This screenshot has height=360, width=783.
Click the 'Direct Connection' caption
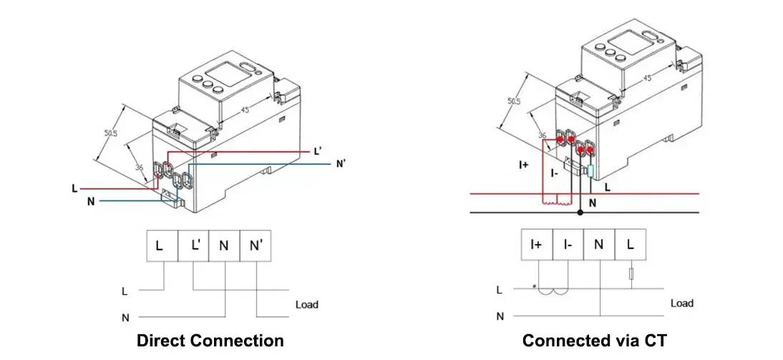pyautogui.click(x=210, y=340)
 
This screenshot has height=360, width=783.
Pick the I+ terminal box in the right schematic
pyautogui.click(x=537, y=245)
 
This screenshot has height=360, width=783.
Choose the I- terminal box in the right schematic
pyautogui.click(x=568, y=245)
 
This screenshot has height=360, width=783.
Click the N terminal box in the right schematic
pyautogui.click(x=599, y=245)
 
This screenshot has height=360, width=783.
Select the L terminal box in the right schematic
pyautogui.click(x=630, y=245)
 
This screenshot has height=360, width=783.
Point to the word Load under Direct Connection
pyautogui.click(x=307, y=304)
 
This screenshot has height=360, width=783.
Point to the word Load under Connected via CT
pyautogui.click(x=681, y=303)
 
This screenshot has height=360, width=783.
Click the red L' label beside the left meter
pyautogui.click(x=318, y=152)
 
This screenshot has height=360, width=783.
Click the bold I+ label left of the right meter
pyautogui.click(x=523, y=165)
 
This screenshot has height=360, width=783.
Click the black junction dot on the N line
pyautogui.click(x=580, y=213)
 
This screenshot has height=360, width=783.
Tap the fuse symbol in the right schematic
pyautogui.click(x=631, y=274)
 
